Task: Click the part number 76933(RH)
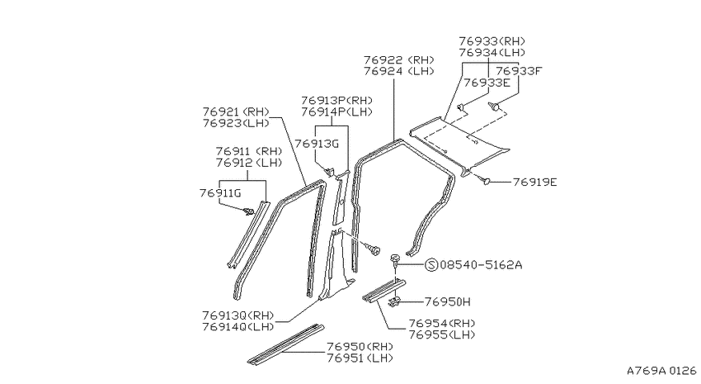[492, 41]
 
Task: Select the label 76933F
[519, 71]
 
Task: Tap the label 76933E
[487, 83]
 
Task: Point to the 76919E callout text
[534, 183]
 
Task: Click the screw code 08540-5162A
[481, 264]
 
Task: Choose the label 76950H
[448, 301]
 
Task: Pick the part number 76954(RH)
[442, 323]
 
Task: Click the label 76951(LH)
[360, 358]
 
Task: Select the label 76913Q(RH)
[238, 315]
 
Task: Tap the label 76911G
[220, 193]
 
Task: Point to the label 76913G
[317, 144]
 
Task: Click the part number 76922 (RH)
[399, 59]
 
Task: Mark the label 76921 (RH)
[236, 111]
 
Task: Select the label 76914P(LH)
[336, 111]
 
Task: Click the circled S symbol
[431, 265]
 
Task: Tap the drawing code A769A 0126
[661, 371]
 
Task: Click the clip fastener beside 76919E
[484, 180]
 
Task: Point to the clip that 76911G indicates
[248, 211]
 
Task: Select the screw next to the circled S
[395, 261]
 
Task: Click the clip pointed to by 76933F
[494, 107]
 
